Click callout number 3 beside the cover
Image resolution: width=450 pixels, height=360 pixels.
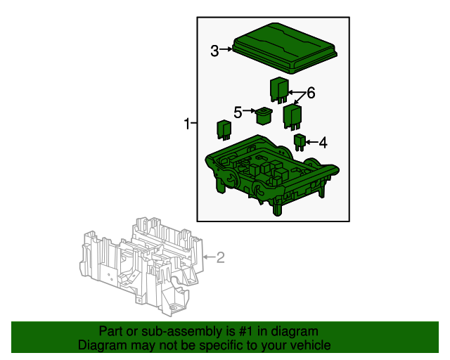pyautogui.click(x=214, y=51)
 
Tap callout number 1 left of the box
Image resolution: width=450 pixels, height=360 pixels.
pyautogui.click(x=187, y=124)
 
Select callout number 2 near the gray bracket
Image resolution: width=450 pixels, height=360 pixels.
pyautogui.click(x=220, y=257)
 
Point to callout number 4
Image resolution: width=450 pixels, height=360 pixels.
pyautogui.click(x=323, y=143)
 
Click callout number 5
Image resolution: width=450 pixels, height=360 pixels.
pyautogui.click(x=238, y=112)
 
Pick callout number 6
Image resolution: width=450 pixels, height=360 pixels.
pyautogui.click(x=311, y=93)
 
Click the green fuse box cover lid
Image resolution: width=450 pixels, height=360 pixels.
pyautogui.click(x=284, y=48)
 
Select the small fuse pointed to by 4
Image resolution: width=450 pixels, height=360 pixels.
pyautogui.click(x=300, y=143)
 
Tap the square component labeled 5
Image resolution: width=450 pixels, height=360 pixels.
pyautogui.click(x=264, y=116)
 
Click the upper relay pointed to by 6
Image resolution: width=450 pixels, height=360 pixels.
pyautogui.click(x=279, y=90)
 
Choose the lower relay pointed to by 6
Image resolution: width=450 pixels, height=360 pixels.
pyautogui.click(x=292, y=117)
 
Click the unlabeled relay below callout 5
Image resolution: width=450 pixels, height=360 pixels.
pyautogui.click(x=224, y=130)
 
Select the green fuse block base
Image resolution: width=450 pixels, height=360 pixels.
pyautogui.click(x=272, y=174)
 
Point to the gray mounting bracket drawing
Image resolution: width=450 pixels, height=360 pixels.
pyautogui.click(x=141, y=266)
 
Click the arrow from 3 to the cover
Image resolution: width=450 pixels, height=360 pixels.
pyautogui.click(x=226, y=49)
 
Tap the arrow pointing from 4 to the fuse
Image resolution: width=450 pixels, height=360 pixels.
pyautogui.click(x=311, y=142)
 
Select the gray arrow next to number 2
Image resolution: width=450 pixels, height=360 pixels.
pyautogui.click(x=209, y=257)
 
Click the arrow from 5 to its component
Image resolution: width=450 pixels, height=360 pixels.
pyautogui.click(x=249, y=110)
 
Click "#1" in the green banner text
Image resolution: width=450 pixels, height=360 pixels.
pyautogui.click(x=245, y=332)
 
